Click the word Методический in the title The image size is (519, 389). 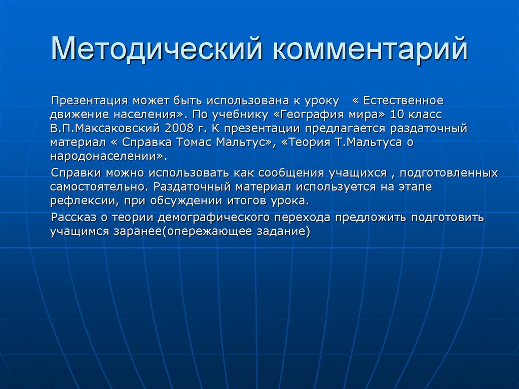pos(157,48)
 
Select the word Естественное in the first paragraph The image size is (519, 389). pos(403,100)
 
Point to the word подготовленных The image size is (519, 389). pos(449,173)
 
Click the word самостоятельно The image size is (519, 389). pos(98,187)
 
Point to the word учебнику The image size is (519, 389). pos(240,115)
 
